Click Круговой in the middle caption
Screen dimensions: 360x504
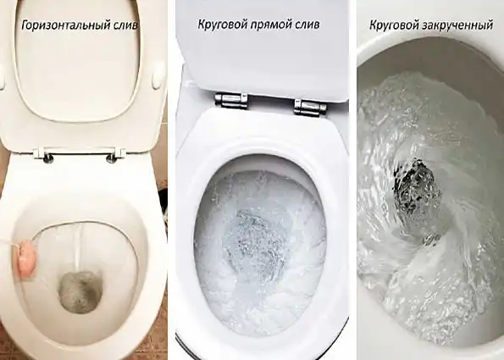217,25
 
